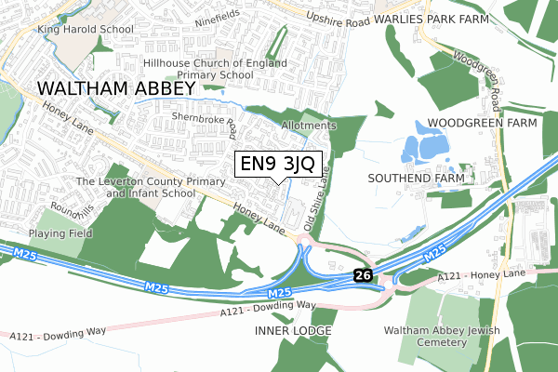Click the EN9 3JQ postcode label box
click(279, 166)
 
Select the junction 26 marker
click(362, 275)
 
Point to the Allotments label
click(307, 125)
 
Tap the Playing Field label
click(60, 233)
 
